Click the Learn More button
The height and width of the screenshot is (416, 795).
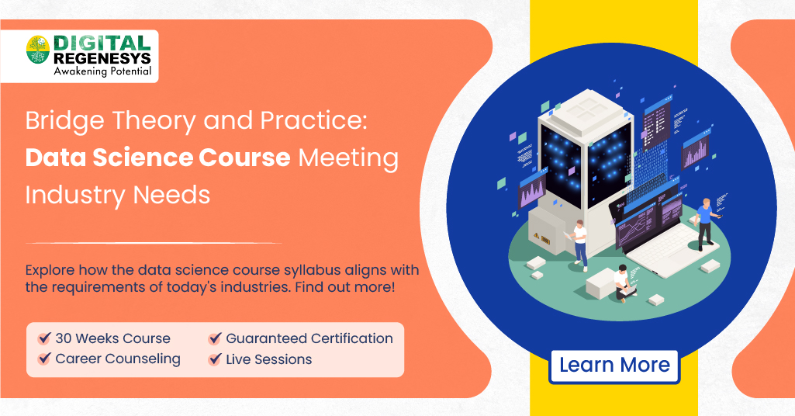pos(614,365)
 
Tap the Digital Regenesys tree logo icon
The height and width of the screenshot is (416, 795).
pos(37,50)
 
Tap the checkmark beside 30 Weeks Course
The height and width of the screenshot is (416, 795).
pos(44,339)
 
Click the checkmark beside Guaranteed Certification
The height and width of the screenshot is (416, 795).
pos(215,339)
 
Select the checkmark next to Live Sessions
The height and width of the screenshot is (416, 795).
pos(215,360)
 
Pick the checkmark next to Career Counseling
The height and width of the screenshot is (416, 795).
pos(44,360)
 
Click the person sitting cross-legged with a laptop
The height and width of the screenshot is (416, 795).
pos(623,284)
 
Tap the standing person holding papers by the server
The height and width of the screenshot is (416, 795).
pos(579,243)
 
